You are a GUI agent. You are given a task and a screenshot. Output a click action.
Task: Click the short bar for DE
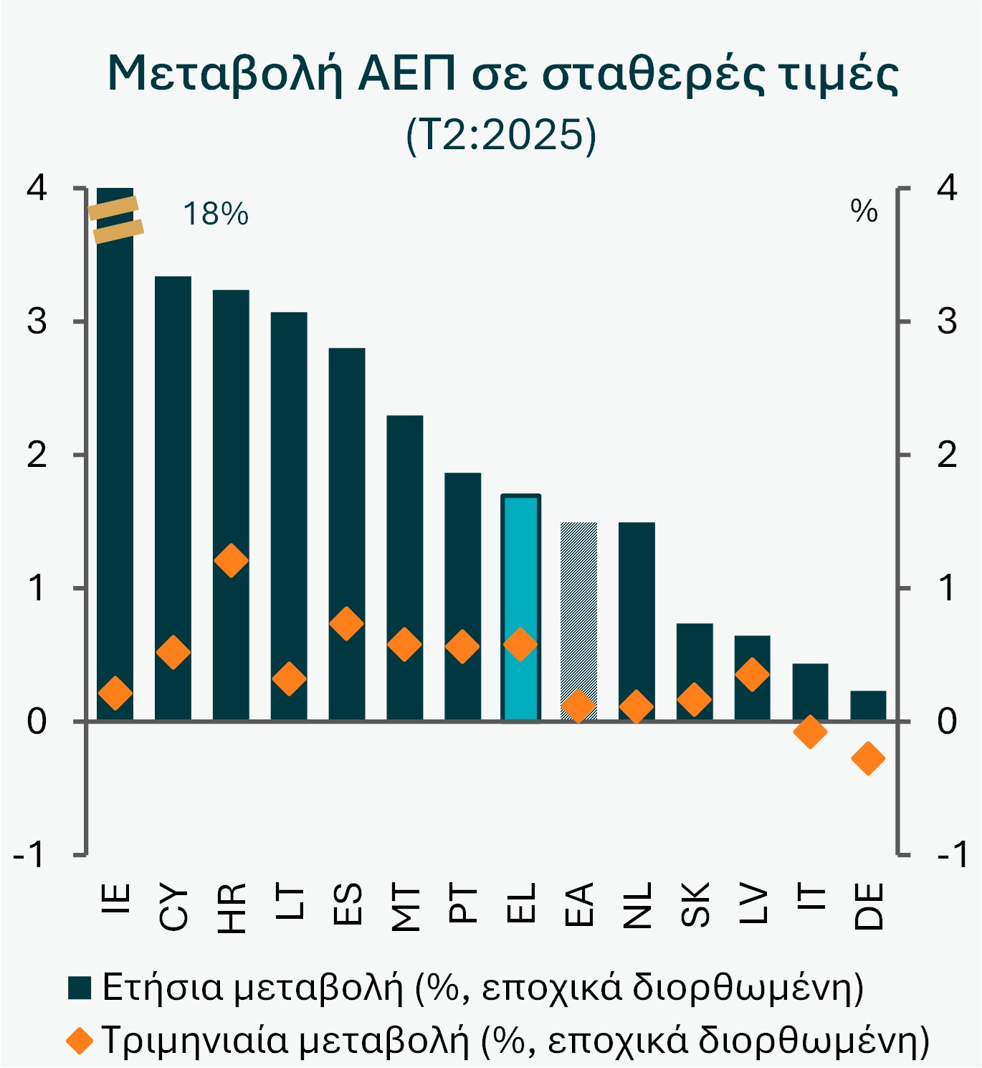tap(868, 706)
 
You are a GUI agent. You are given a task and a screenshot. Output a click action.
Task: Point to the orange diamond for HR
tap(231, 560)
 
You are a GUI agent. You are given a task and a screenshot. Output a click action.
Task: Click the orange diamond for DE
tap(868, 758)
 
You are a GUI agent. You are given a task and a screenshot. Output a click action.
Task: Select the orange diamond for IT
tap(810, 732)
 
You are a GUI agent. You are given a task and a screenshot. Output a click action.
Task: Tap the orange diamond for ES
tap(347, 623)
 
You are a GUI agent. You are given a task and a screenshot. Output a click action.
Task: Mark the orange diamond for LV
tap(752, 674)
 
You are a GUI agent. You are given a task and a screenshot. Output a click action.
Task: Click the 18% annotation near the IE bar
tap(216, 214)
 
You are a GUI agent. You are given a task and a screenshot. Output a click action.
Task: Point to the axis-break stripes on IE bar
tap(115, 219)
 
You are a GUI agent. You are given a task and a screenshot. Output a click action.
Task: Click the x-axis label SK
tap(695, 905)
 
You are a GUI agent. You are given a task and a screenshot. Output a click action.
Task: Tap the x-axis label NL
tap(637, 905)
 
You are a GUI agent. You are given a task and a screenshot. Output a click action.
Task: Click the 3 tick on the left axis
tap(37, 321)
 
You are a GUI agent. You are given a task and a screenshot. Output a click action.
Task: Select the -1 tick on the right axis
tap(952, 855)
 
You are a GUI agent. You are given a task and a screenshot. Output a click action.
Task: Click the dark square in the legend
tap(80, 988)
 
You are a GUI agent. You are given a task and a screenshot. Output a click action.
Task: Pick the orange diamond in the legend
tap(80, 1040)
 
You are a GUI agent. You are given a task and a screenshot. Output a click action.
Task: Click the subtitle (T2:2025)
tap(501, 134)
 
